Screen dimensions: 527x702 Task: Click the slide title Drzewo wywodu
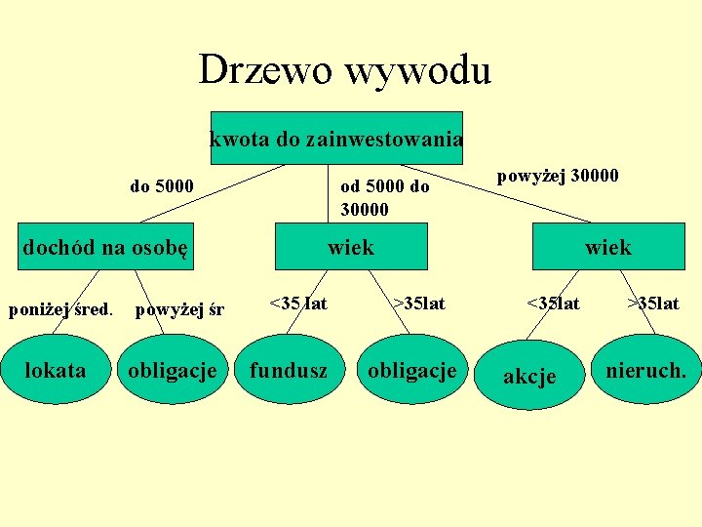(344, 70)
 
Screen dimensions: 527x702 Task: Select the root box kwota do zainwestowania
(336, 139)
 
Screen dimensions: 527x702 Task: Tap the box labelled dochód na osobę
(105, 247)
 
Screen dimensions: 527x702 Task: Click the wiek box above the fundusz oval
(351, 247)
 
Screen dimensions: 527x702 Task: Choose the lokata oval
(55, 370)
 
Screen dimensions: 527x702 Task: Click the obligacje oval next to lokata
(173, 371)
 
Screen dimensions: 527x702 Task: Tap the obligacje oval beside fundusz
(411, 371)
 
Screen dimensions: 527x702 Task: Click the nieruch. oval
(645, 371)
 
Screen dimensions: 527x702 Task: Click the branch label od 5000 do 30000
(384, 197)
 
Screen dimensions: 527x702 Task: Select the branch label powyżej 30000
(558, 176)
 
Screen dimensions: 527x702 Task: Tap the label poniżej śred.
(60, 310)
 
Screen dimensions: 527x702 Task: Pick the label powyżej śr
(179, 310)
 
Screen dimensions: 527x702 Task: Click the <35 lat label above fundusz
(297, 304)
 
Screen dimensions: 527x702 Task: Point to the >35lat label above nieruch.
(653, 304)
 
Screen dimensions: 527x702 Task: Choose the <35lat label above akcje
(553, 304)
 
